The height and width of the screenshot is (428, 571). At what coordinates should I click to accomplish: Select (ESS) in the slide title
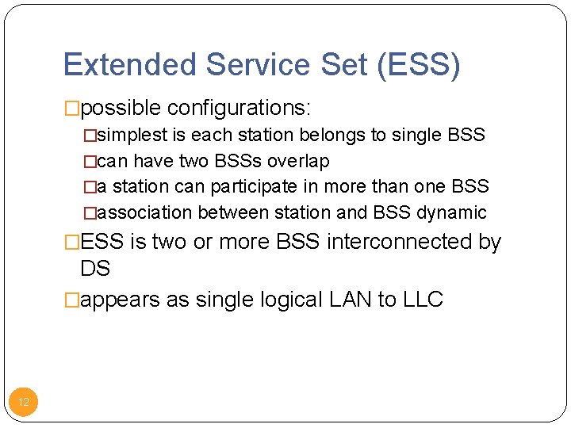[x=419, y=65]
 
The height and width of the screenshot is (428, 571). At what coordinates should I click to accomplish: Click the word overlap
[x=298, y=161]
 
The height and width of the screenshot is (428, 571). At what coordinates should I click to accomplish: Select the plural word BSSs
[x=237, y=161]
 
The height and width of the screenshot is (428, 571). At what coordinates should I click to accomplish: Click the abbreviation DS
[x=95, y=269]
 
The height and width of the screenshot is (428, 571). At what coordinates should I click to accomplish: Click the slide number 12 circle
[x=24, y=402]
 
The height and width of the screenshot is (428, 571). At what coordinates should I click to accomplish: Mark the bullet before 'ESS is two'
[x=72, y=242]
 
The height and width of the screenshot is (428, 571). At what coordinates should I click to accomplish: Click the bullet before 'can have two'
[x=90, y=161]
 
